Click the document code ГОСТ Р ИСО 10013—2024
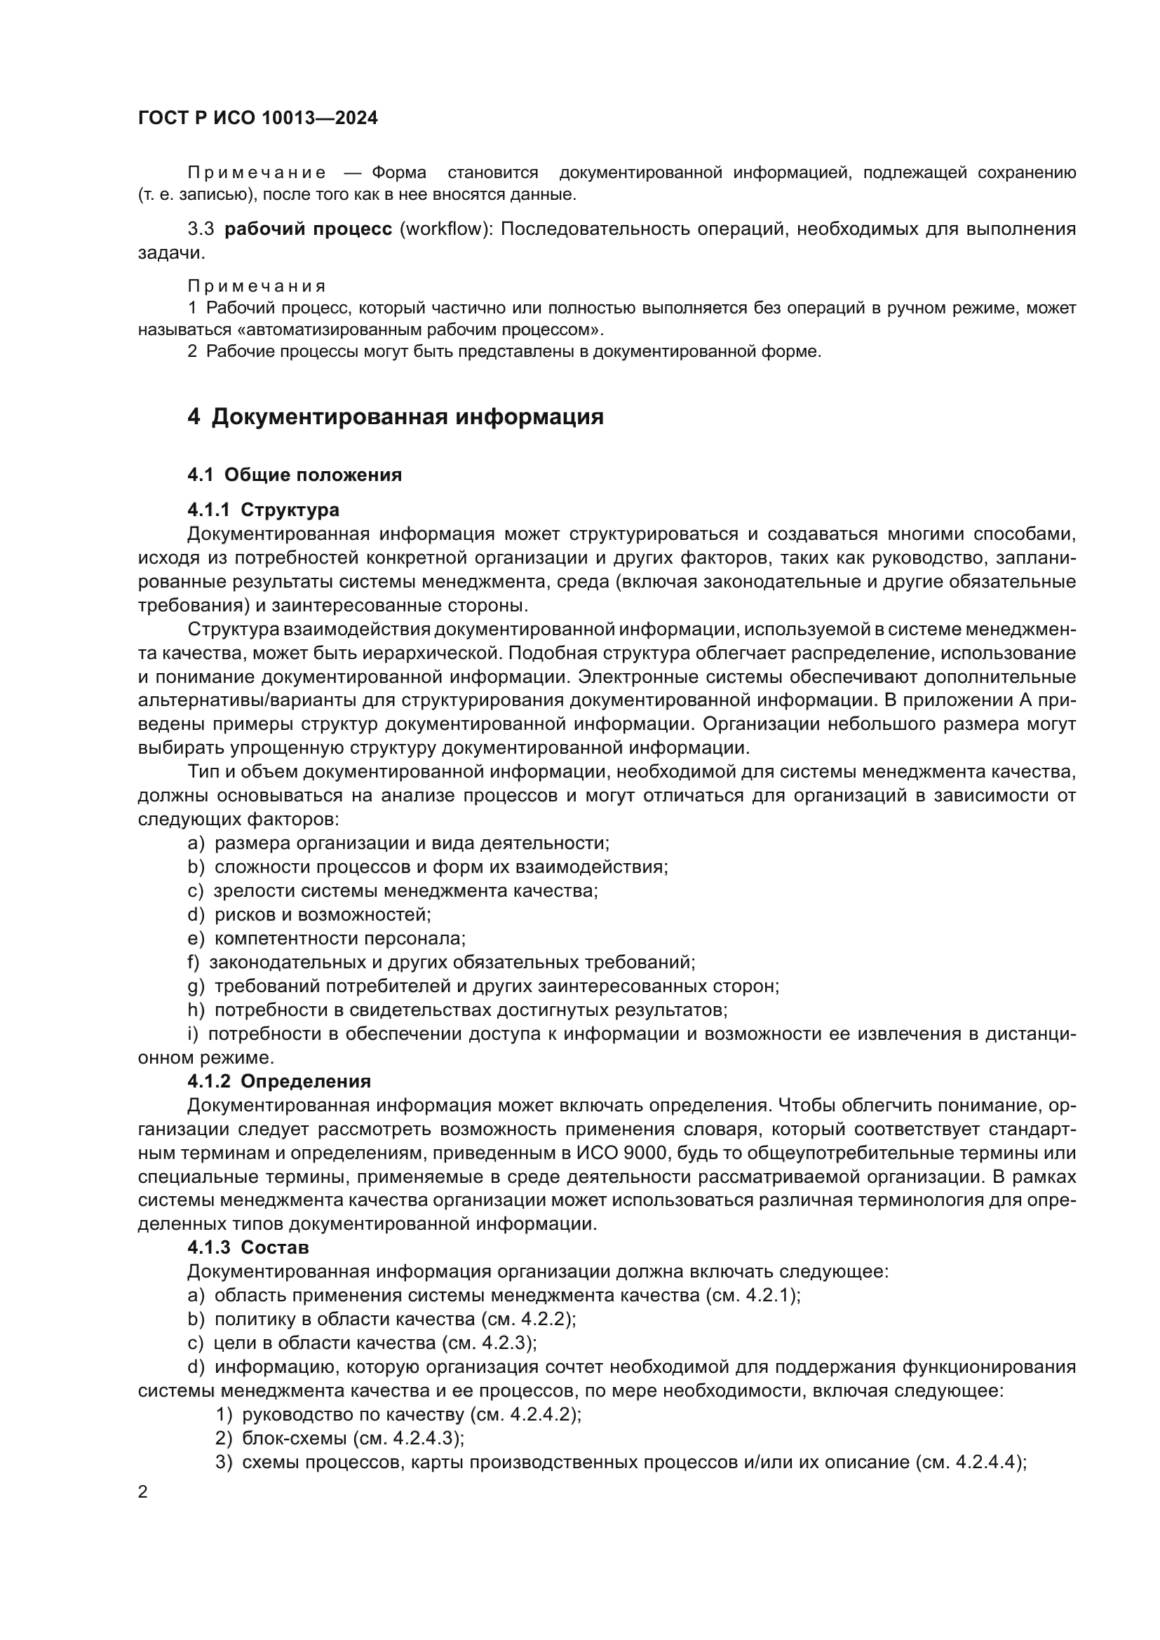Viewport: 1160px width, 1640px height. click(258, 118)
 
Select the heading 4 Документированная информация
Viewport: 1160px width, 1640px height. click(395, 416)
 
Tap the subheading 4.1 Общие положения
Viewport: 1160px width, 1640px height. click(295, 475)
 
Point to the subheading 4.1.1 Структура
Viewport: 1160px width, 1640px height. click(263, 510)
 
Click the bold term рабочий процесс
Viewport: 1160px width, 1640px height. click(308, 229)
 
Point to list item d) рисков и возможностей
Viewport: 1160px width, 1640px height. click(309, 914)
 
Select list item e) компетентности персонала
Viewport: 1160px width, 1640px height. click(326, 938)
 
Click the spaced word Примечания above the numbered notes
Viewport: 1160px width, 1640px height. click(257, 287)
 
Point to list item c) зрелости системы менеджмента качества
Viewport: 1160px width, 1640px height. click(393, 890)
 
